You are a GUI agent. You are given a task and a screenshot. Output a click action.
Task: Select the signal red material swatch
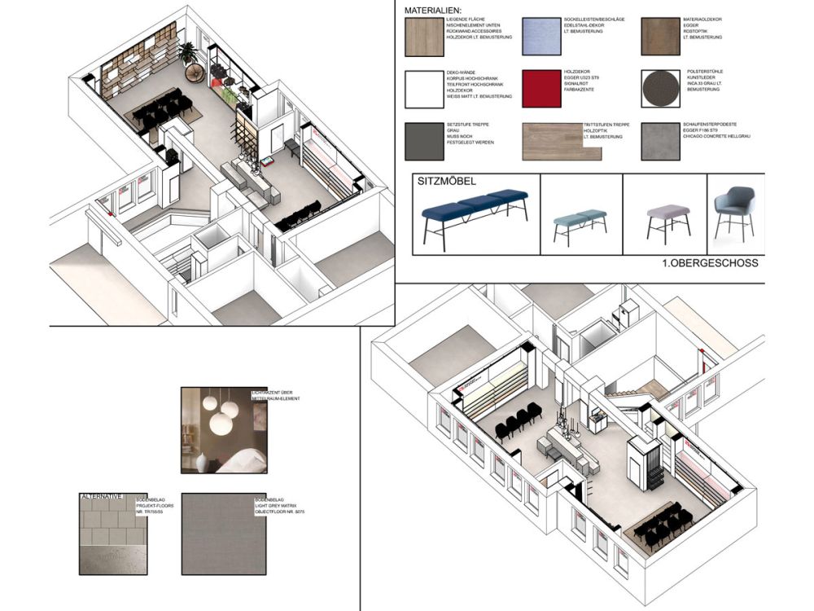540,87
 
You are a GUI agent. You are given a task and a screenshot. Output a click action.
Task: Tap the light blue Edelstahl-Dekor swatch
540,36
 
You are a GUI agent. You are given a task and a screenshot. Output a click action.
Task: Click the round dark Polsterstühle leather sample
659,87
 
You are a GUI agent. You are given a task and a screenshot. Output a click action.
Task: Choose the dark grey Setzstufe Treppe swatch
423,140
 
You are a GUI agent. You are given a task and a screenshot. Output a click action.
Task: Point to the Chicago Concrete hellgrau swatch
660,140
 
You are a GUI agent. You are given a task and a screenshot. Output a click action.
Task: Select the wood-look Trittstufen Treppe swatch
552,140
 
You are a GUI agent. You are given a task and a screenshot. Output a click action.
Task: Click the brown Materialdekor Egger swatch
660,36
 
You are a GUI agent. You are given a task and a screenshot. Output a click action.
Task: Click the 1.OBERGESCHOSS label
710,263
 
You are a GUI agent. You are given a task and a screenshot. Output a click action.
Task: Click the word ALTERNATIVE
103,496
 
